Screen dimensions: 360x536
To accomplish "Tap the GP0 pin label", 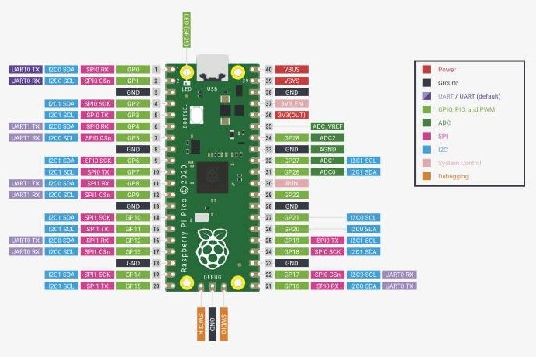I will [133, 70].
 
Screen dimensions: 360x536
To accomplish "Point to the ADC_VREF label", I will [328, 126].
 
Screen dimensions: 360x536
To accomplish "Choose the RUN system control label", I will [292, 183].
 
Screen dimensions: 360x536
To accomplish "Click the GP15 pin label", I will [133, 286].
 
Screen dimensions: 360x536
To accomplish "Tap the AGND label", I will [328, 149].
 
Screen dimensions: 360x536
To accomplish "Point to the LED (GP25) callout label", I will [186, 29].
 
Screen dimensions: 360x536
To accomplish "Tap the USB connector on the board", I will [212, 69].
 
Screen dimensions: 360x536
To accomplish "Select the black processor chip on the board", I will [211, 177].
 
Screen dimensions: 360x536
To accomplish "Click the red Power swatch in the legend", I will [427, 69].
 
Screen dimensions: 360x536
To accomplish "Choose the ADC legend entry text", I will [444, 123].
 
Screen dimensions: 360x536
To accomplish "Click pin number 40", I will [268, 70].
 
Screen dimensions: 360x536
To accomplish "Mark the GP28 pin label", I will [292, 137].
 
